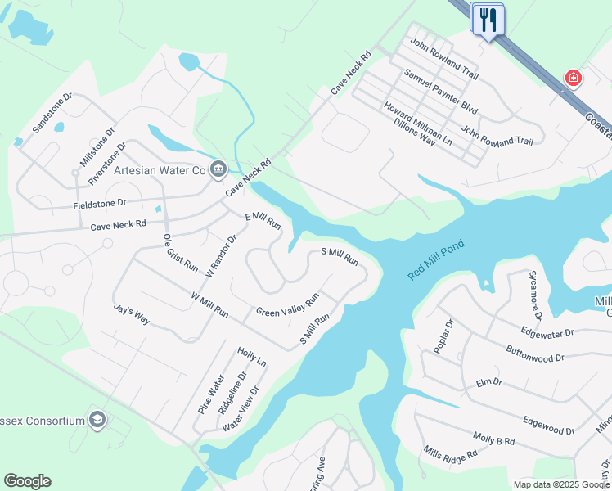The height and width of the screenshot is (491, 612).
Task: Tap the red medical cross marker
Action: pyautogui.click(x=574, y=79)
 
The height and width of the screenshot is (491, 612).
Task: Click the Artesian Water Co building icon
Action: pyautogui.click(x=218, y=169)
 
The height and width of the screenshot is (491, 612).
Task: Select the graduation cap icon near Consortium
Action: pyautogui.click(x=98, y=421)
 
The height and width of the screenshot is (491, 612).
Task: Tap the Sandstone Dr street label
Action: pyautogui.click(x=52, y=113)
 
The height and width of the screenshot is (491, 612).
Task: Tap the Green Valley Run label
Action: pyautogui.click(x=287, y=306)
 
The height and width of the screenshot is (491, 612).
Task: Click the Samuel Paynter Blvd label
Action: pyautogui.click(x=441, y=91)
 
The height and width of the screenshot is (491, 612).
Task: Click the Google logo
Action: pyautogui.click(x=27, y=481)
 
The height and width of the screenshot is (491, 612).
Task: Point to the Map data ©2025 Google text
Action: pyautogui.click(x=561, y=484)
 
